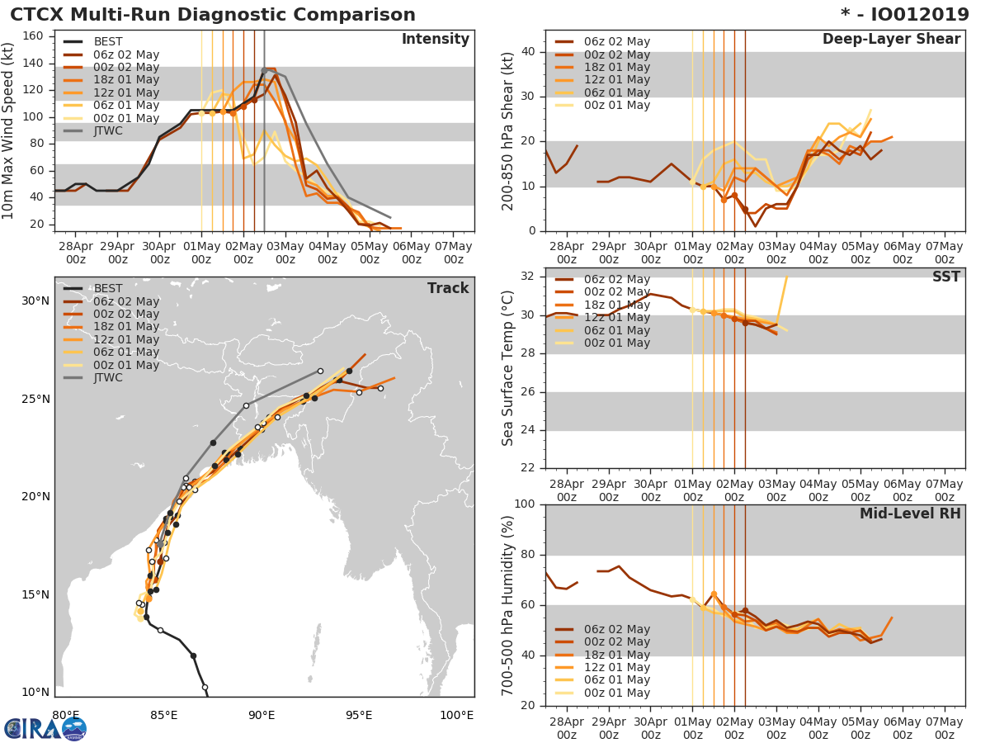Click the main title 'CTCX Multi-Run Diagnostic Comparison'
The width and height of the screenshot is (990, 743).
213,15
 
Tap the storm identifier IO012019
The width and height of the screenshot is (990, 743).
916,15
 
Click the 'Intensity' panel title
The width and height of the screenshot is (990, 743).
435,40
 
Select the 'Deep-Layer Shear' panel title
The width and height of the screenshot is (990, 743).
891,40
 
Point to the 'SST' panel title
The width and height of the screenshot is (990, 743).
945,277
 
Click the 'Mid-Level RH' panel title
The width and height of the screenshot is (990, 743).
910,513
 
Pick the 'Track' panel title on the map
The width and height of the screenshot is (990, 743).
448,288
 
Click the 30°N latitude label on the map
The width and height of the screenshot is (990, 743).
35,301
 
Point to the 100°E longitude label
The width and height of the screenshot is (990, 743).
456,716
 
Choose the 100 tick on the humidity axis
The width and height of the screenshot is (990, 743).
523,504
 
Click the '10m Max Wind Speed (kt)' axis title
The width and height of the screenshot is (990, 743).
10,132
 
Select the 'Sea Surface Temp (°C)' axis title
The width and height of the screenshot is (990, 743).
508,368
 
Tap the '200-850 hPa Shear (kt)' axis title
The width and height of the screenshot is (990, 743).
508,130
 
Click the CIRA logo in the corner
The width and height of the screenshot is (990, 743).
45,728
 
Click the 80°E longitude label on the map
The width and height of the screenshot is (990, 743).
66,716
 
